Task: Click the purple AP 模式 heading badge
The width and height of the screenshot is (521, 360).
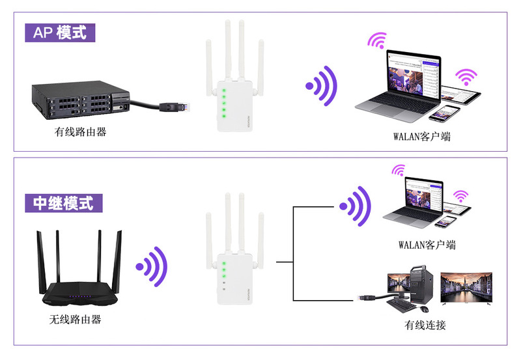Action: point(60,32)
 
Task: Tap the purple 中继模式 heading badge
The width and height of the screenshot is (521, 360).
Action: point(63,202)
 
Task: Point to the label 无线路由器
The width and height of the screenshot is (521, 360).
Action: point(75,320)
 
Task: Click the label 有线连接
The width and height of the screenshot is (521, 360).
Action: point(425,324)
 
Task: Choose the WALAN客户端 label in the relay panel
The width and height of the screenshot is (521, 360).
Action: point(427,245)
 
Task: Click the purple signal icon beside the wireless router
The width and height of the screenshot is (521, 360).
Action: point(152,266)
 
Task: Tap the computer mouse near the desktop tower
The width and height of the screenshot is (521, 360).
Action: point(424,307)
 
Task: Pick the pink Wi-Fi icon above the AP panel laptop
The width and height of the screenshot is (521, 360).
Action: point(376,41)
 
